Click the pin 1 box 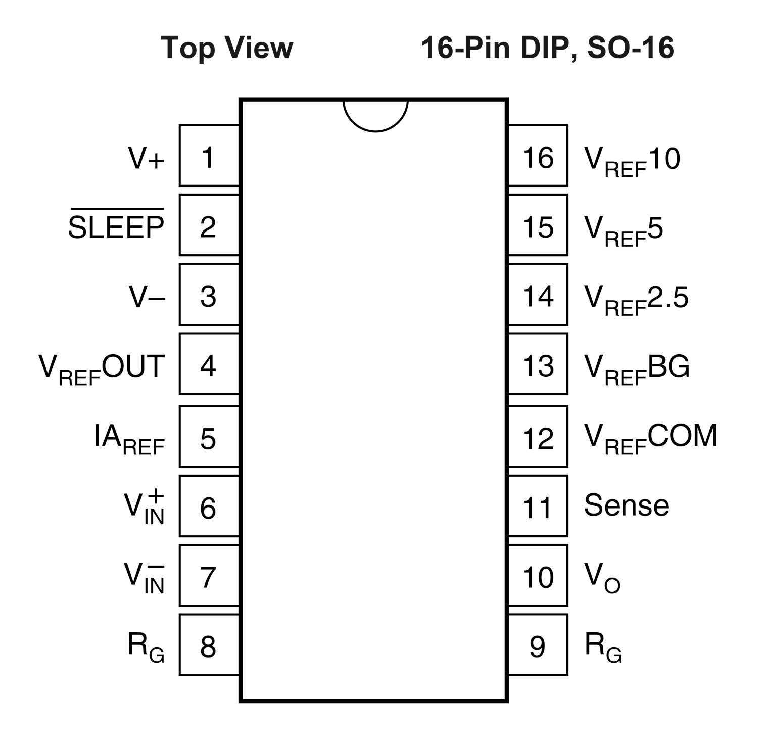click(209, 156)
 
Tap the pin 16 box click(538, 156)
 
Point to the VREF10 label click(632, 161)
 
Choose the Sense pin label click(627, 505)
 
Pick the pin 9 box click(538, 644)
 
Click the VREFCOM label click(651, 439)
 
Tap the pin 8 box click(209, 644)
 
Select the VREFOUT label click(102, 370)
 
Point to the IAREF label click(129, 439)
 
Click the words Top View click(227, 48)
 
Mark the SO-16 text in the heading click(631, 48)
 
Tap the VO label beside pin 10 click(602, 578)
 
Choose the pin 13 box click(538, 363)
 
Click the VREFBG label click(637, 370)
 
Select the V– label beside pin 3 click(147, 297)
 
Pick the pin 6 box click(209, 505)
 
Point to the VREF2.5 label click(636, 300)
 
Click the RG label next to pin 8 click(146, 648)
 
